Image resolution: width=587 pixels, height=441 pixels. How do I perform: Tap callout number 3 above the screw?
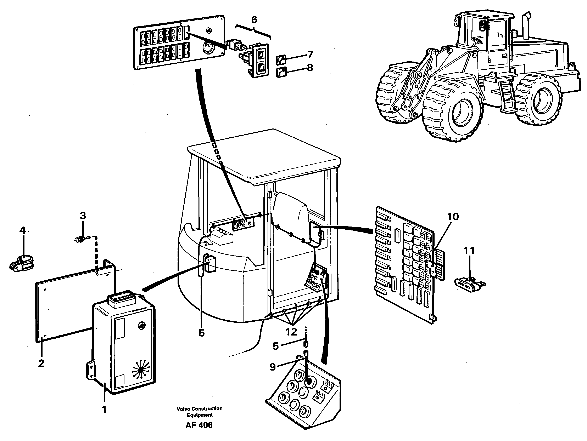(83, 216)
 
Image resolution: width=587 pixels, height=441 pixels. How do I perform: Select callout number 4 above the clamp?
(23, 230)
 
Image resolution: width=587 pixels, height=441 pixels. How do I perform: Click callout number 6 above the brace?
(254, 20)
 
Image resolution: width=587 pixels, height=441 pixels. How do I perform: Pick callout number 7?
(310, 55)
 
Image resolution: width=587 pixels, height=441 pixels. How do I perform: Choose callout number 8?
(310, 68)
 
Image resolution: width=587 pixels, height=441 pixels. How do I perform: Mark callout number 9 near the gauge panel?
(273, 367)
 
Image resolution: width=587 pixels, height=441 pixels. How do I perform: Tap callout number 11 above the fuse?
(469, 250)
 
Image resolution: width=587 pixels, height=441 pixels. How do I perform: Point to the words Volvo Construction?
(200, 409)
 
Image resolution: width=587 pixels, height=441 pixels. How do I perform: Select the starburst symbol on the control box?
(141, 369)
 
